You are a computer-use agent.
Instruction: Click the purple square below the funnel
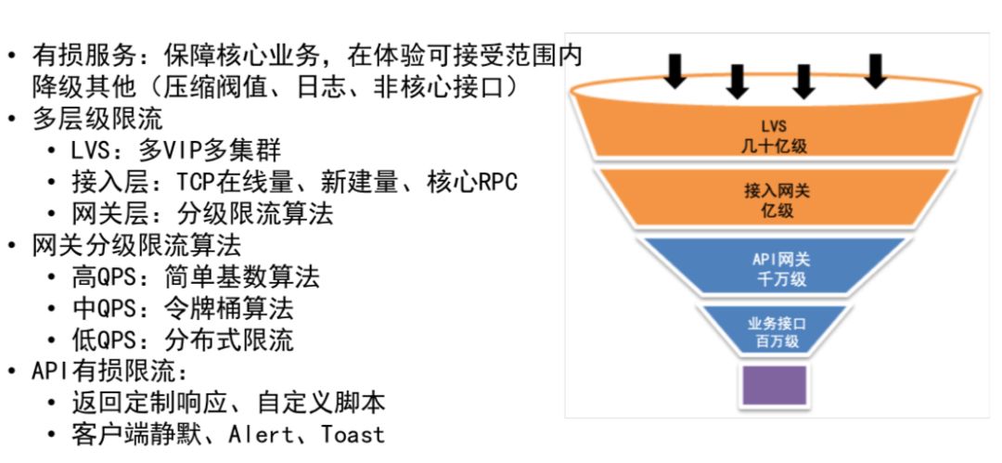pyautogui.click(x=774, y=385)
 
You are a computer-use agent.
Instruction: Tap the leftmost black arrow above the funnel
pyautogui.click(x=674, y=71)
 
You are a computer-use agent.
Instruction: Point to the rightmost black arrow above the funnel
pyautogui.click(x=876, y=71)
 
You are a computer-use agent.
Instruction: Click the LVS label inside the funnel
pyautogui.click(x=774, y=125)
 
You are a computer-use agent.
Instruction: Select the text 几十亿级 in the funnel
pyautogui.click(x=774, y=146)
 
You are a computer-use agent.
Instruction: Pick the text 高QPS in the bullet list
pyautogui.click(x=105, y=277)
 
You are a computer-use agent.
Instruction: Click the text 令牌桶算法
pyautogui.click(x=229, y=309)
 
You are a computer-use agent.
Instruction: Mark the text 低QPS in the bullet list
pyautogui.click(x=105, y=340)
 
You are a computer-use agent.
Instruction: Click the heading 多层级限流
pyautogui.click(x=97, y=119)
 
